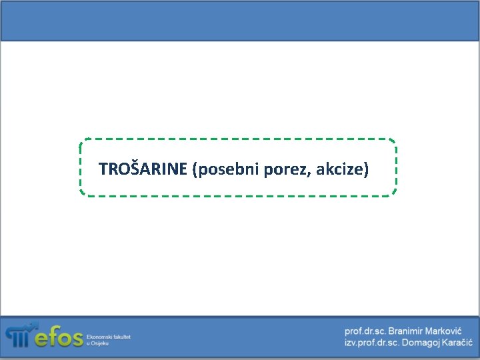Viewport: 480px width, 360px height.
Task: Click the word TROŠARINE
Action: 143,169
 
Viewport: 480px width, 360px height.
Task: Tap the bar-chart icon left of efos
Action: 19,335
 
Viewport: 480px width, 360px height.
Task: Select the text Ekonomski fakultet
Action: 108,337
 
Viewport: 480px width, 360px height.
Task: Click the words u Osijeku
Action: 97,343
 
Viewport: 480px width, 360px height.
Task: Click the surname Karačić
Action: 453,342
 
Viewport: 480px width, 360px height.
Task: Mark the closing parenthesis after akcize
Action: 365,169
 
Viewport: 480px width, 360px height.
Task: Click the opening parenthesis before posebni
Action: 194,169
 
